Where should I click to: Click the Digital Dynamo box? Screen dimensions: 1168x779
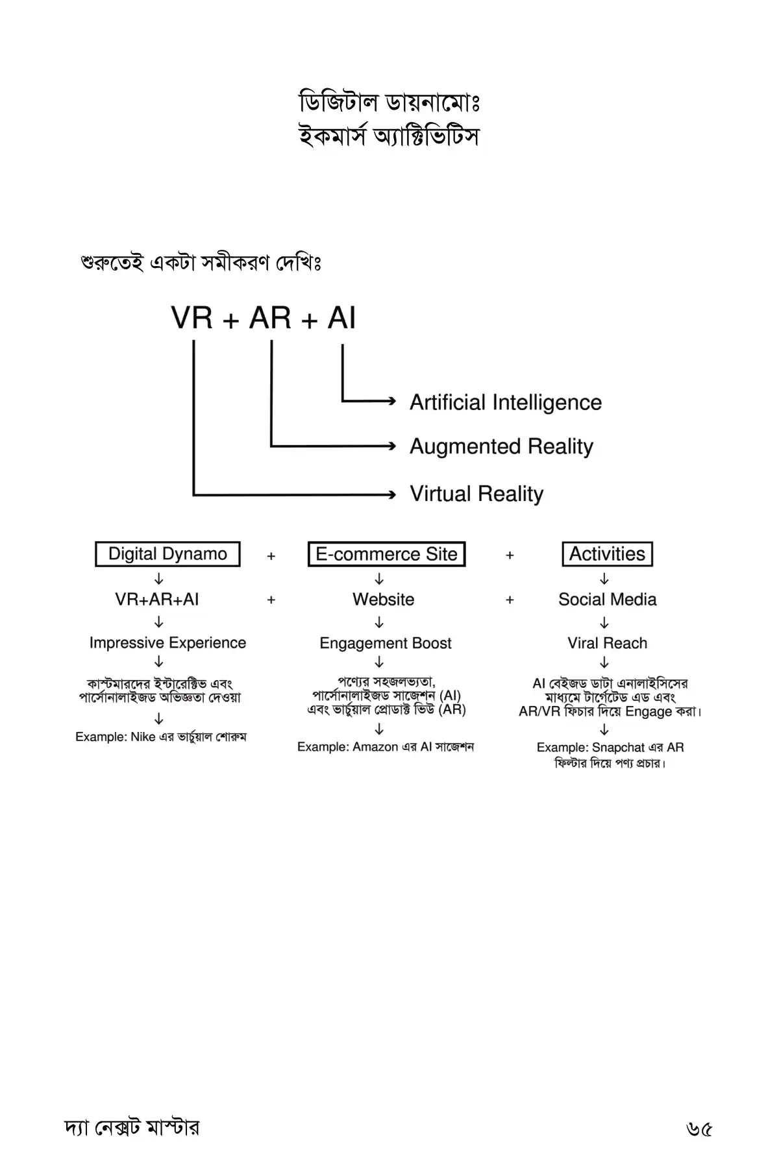(167, 554)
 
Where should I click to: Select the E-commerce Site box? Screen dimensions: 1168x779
(386, 554)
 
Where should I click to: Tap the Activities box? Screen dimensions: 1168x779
(607, 554)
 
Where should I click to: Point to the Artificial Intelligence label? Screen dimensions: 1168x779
(505, 402)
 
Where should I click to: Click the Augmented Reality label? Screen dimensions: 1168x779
(501, 446)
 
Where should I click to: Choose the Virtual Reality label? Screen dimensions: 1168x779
(476, 494)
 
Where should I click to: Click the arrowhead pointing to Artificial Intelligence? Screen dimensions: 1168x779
(391, 401)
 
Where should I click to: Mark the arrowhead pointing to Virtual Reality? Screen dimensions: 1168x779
(391, 494)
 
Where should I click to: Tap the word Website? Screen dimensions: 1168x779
(383, 599)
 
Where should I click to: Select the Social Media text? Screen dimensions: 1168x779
(607, 599)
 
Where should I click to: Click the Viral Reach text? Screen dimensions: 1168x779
(607, 643)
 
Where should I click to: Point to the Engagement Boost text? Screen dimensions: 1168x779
(385, 643)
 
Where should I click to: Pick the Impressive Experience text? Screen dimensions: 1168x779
(167, 643)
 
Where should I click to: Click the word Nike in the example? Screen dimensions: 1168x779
(143, 737)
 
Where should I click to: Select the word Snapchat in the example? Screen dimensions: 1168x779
(618, 748)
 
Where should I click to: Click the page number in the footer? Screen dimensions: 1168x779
(699, 1130)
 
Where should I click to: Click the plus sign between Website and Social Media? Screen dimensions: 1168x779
(510, 600)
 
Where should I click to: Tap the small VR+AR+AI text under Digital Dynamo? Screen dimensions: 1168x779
(157, 599)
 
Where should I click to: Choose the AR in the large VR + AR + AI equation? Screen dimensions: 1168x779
(270, 318)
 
